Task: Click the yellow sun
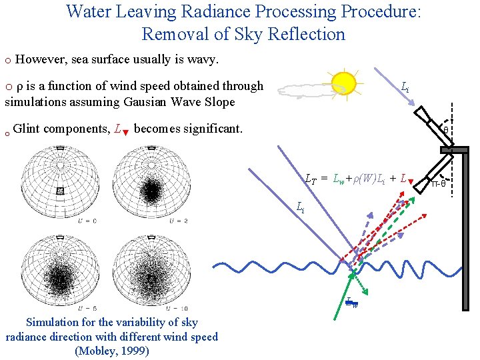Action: pyautogui.click(x=344, y=83)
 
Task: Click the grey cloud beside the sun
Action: pyautogui.click(x=305, y=90)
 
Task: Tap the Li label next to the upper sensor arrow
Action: pyautogui.click(x=405, y=87)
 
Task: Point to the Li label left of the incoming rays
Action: pyautogui.click(x=301, y=207)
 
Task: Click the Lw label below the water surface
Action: pyautogui.click(x=351, y=303)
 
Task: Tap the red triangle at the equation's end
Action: pyautogui.click(x=411, y=181)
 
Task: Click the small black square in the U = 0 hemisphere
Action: pyautogui.click(x=60, y=191)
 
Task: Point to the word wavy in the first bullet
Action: pyautogui.click(x=204, y=60)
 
